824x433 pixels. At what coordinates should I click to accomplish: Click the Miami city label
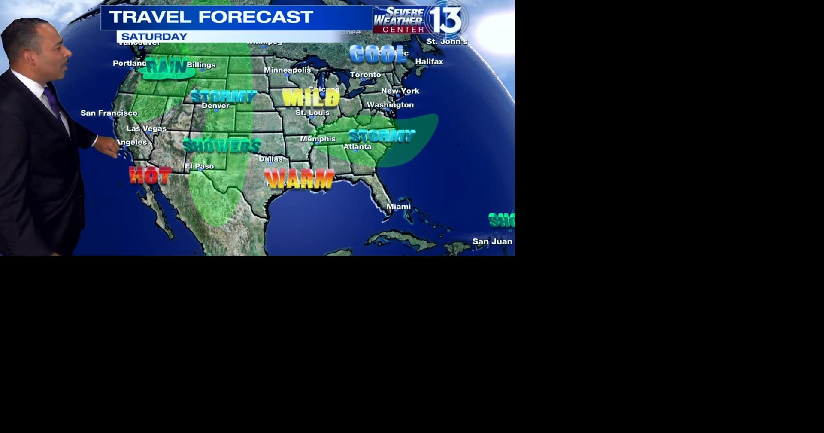point(398,207)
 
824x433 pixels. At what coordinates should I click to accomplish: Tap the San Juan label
point(492,241)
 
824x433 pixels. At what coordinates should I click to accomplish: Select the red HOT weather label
point(150,175)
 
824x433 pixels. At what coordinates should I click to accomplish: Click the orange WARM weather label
point(299,179)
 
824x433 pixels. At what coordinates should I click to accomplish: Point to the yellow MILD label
point(311,98)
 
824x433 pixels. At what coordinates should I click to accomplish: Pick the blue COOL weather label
point(378,55)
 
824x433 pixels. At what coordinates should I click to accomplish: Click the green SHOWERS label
point(221,146)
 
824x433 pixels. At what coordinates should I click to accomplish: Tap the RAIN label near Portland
point(167,67)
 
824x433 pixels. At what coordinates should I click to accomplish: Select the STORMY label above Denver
point(223,97)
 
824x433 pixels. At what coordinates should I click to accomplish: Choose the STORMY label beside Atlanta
point(382,137)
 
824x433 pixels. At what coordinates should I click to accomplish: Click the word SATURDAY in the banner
point(154,37)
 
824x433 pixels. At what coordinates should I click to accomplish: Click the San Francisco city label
point(109,113)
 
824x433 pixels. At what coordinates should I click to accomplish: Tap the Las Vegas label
point(146,128)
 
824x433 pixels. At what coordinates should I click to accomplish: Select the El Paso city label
point(199,166)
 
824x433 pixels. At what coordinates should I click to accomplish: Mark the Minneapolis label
point(287,70)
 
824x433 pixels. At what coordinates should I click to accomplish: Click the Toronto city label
point(365,75)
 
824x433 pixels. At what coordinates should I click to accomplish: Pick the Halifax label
point(429,61)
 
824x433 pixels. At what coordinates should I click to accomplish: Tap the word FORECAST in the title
point(255,17)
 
